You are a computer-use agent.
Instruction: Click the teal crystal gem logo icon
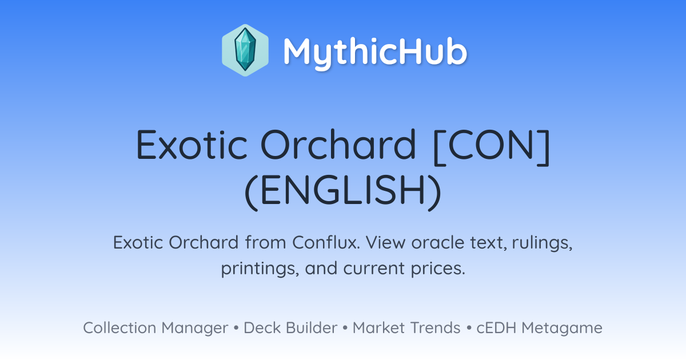[245, 50]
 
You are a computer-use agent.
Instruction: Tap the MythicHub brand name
[375, 53]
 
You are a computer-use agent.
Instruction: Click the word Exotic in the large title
[192, 144]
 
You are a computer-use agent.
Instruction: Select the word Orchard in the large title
[338, 144]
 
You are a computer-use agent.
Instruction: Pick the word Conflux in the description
[326, 242]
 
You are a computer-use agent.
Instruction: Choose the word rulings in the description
[542, 243]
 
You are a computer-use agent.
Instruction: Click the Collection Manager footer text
[155, 328]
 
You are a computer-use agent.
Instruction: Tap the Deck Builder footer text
[290, 327]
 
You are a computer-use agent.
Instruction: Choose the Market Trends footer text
[406, 327]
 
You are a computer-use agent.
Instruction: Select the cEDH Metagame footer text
[539, 328]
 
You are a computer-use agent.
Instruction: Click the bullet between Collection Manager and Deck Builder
[236, 328]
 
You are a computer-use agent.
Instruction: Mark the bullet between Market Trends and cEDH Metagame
[469, 328]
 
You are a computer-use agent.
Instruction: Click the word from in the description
[266, 242]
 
